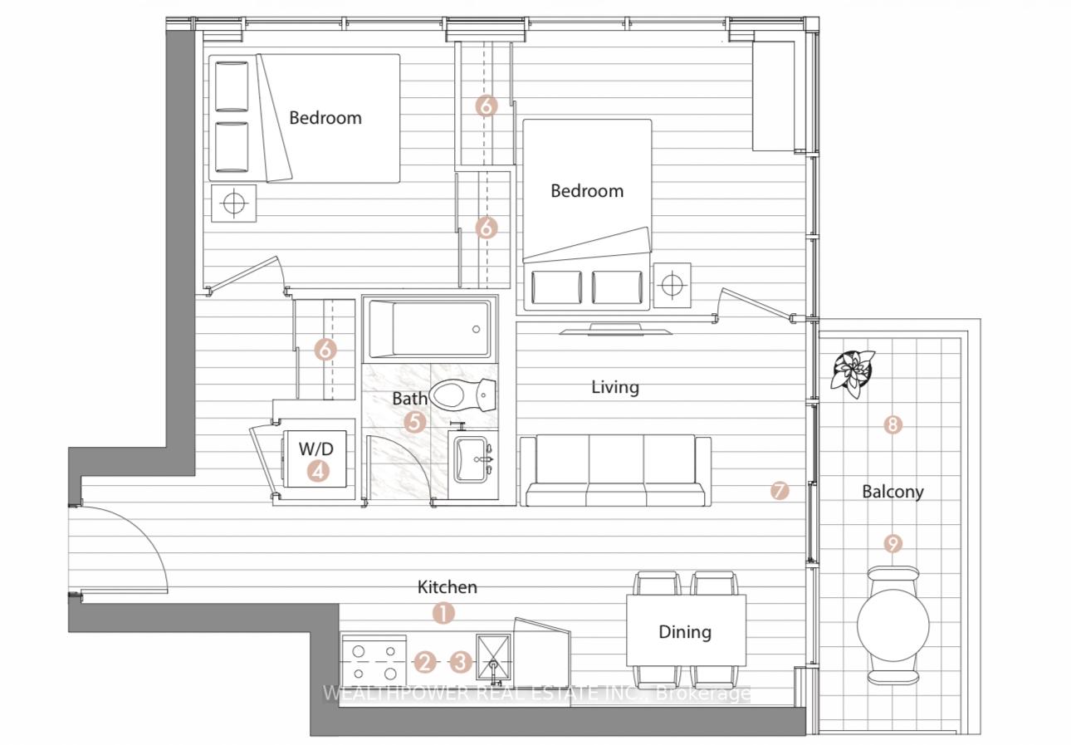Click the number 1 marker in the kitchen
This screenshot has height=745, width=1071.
(x=443, y=613)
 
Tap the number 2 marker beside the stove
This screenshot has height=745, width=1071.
(x=424, y=662)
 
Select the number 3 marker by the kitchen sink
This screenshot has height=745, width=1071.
(x=461, y=662)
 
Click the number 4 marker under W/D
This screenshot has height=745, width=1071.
(x=318, y=471)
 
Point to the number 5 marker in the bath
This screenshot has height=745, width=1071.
(x=414, y=422)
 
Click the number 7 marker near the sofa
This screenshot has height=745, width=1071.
(x=780, y=491)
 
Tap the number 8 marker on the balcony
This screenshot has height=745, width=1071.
(x=892, y=424)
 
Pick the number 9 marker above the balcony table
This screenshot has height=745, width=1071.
(x=892, y=544)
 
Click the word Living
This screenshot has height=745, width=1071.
(x=615, y=387)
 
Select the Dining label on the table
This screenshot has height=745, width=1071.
(x=685, y=632)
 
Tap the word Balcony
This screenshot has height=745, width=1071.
(x=892, y=492)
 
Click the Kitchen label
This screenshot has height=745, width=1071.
(x=447, y=586)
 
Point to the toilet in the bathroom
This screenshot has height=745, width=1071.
(x=462, y=395)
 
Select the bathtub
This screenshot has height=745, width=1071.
(x=430, y=329)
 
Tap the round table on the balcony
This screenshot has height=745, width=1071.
(x=892, y=625)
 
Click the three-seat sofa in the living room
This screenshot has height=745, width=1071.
(x=615, y=471)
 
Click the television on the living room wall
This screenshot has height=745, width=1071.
(x=615, y=330)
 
